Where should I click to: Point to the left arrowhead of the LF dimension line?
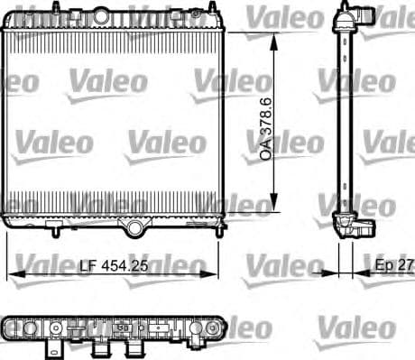[x=12, y=272]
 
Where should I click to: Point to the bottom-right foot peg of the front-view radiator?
[x=217, y=232]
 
